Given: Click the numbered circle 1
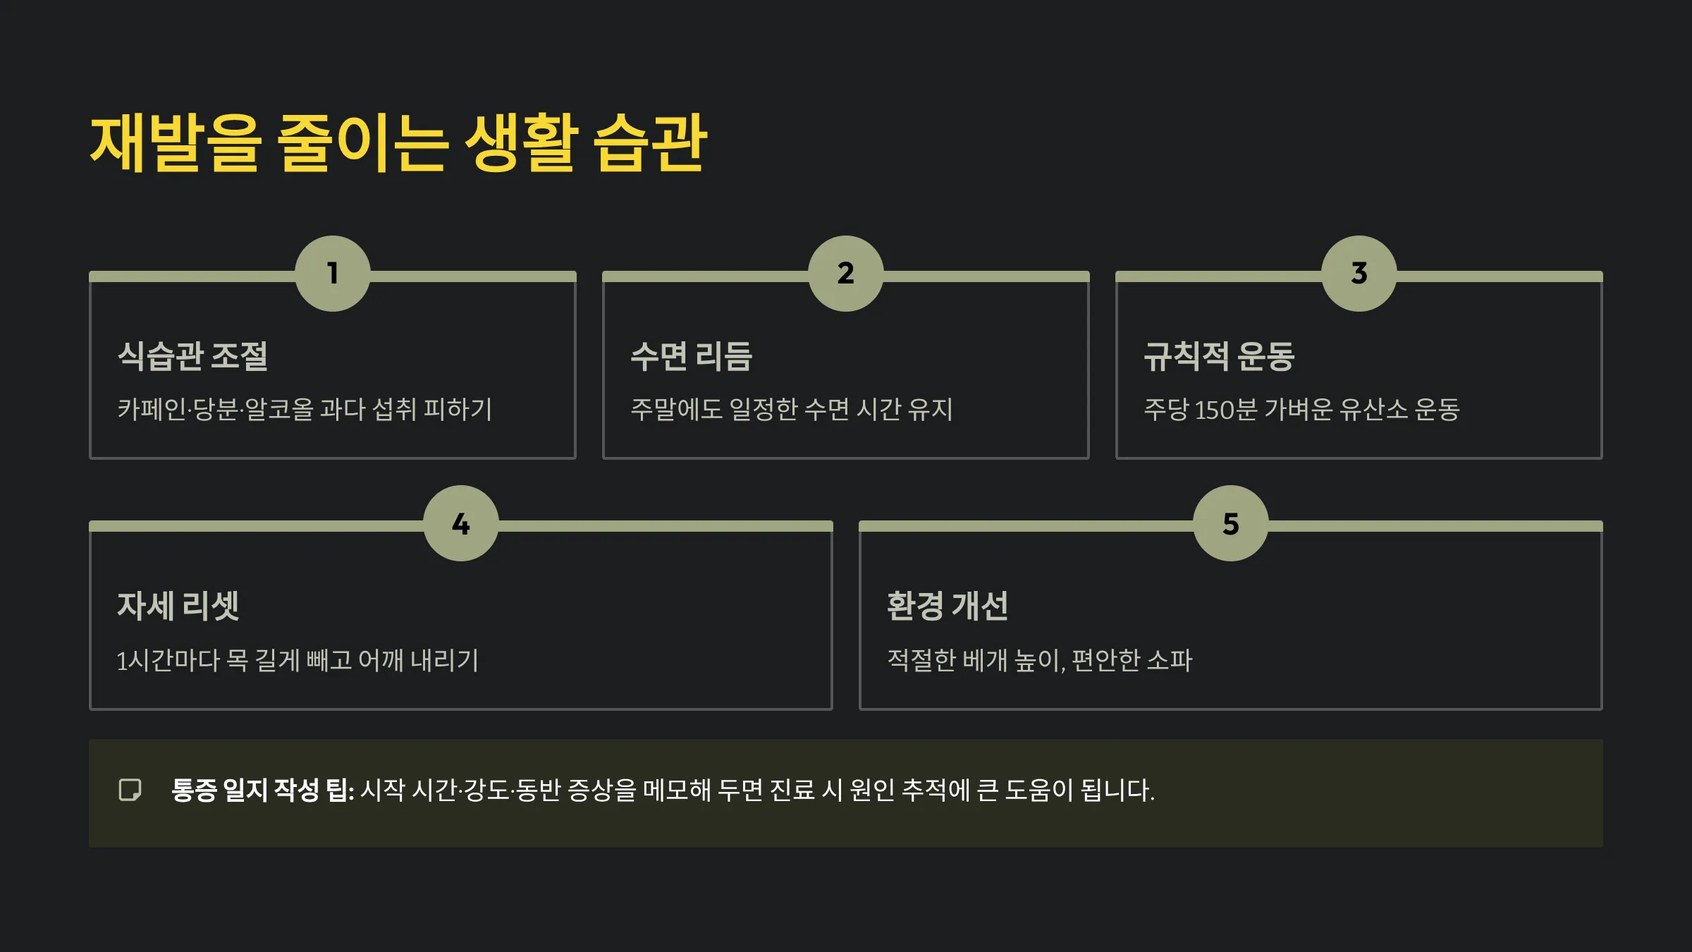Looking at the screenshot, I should tap(333, 274).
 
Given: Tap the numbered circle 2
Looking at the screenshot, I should tap(846, 274).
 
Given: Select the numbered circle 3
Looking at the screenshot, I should tap(1359, 274).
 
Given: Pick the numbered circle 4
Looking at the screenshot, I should tap(461, 523).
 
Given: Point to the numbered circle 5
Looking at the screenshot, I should tap(1231, 523).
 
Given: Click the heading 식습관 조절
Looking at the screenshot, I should tap(192, 356).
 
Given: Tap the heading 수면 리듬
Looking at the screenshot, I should tap(692, 356).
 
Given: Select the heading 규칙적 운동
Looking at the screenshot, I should tap(1219, 356).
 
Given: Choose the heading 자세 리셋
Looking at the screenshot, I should tap(178, 606).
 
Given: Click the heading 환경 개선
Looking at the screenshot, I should tap(948, 606).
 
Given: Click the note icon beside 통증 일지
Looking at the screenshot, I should tap(130, 790).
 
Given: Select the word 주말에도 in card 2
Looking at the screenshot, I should tap(676, 410).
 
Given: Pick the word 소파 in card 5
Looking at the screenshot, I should tap(1170, 661).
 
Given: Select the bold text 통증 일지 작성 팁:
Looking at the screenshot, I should tap(262, 790).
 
